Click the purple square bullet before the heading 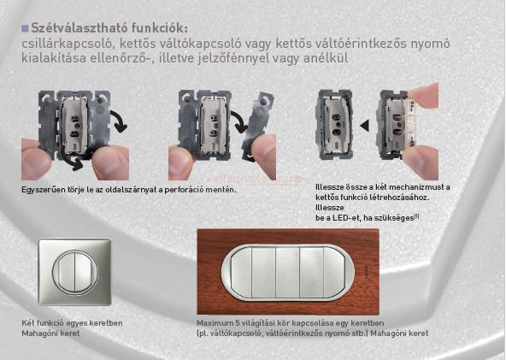[25, 28]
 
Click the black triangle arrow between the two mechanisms [364, 126]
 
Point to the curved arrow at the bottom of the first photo [72, 162]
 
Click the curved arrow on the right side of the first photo [119, 121]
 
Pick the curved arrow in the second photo [239, 122]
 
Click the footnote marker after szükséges [416, 216]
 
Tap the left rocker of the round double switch [66, 273]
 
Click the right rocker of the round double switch [85, 273]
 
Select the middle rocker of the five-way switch [287, 273]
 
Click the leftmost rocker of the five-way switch [241, 273]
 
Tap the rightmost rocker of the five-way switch [336, 273]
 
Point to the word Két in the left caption [28, 323]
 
